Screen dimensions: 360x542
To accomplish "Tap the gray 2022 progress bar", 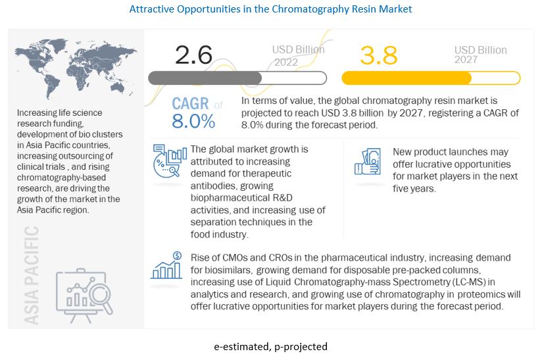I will point(237,78).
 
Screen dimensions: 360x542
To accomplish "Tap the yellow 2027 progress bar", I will point(430,78).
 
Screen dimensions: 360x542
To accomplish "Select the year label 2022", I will point(286,62).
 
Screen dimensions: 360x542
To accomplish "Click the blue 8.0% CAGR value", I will point(193,121).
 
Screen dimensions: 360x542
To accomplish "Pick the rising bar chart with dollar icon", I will point(168,266).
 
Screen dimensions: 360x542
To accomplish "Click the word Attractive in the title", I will point(153,10).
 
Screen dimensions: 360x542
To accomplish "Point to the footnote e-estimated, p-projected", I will point(270,346).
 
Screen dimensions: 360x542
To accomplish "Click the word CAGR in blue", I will point(190,104).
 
